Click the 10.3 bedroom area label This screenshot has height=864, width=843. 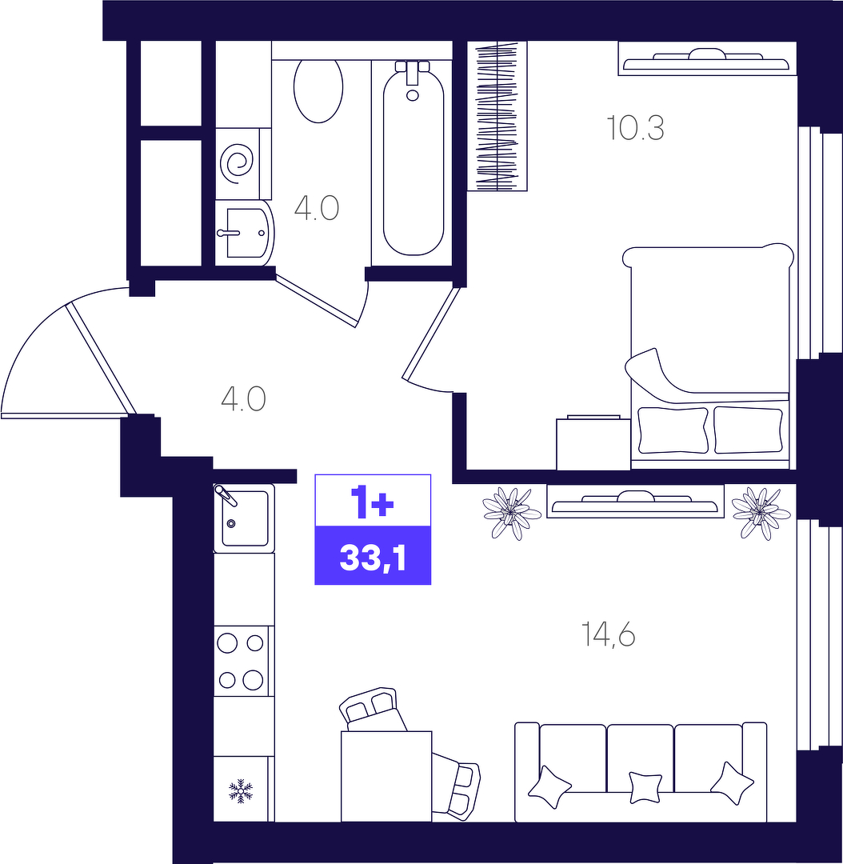635,128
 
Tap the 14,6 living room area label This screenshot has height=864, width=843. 609,634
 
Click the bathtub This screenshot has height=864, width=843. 414,158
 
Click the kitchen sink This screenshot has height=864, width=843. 244,518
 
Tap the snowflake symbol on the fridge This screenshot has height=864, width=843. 241,790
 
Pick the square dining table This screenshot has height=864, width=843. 386,776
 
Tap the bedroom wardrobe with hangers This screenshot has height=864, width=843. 497,116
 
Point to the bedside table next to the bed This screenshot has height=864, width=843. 593,443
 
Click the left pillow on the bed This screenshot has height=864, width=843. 673,430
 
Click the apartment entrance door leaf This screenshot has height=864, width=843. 101,358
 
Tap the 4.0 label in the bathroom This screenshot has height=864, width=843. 316,208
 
